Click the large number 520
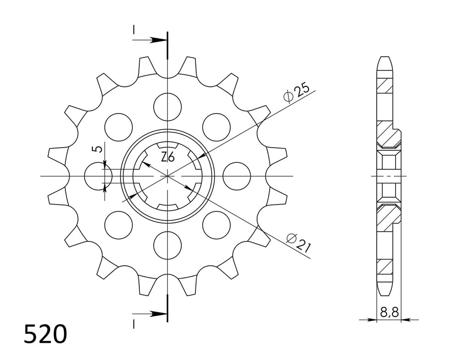pos(46,334)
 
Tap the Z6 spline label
pos(167,157)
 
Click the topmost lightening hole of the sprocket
pos(167,107)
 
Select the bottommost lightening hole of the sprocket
pos(167,245)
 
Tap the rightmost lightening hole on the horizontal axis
pos(237,176)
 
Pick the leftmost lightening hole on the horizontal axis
pos(98,176)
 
